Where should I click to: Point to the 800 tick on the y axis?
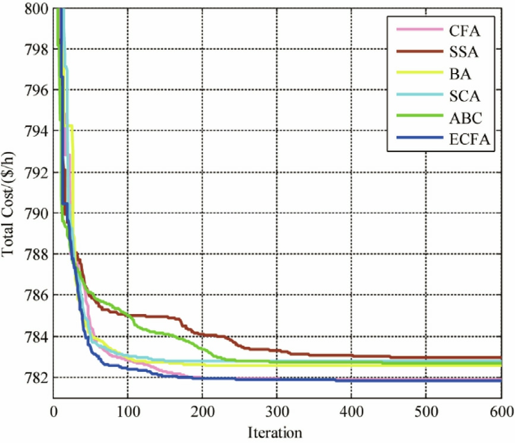(x=35, y=8)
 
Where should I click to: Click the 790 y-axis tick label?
(x=35, y=213)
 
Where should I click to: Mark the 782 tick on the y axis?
(x=35, y=378)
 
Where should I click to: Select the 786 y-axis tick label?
(x=35, y=295)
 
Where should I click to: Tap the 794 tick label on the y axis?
(x=35, y=131)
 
